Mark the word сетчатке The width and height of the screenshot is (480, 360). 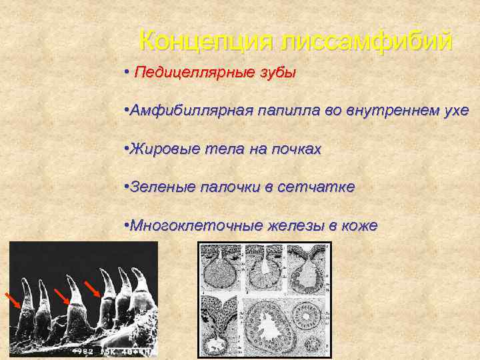click(321, 187)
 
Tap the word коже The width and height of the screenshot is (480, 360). click(359, 226)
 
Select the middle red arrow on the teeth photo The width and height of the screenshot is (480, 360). click(62, 297)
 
